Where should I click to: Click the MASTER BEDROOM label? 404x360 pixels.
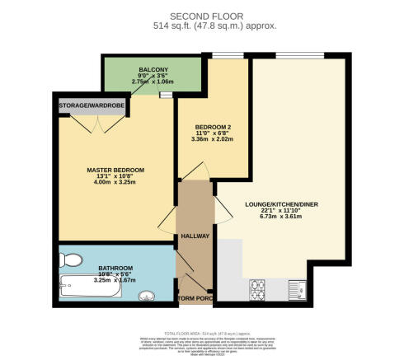point(115,170)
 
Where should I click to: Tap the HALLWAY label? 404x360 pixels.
point(195,236)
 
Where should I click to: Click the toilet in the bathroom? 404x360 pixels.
point(71,261)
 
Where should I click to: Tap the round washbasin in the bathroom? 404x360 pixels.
point(146,296)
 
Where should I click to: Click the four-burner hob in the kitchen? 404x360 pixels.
point(256,289)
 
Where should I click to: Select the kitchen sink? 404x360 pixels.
point(298,288)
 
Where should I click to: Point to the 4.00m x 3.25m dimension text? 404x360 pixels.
point(115,184)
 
